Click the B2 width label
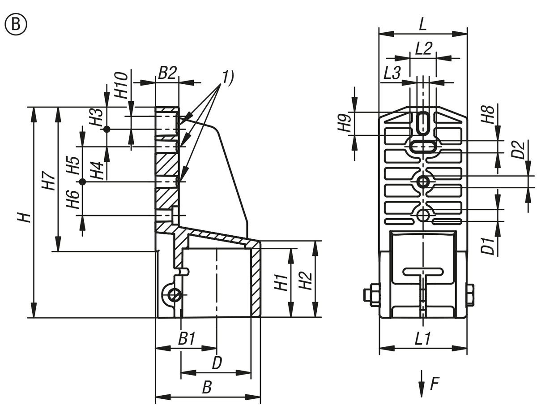[x=167, y=73]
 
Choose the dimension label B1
[x=187, y=339]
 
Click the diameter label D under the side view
[x=217, y=363]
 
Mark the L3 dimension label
[x=392, y=73]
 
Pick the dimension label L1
[x=422, y=340]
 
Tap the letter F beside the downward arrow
[x=434, y=384]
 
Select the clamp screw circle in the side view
[x=174, y=295]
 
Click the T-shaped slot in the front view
[x=423, y=272]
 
